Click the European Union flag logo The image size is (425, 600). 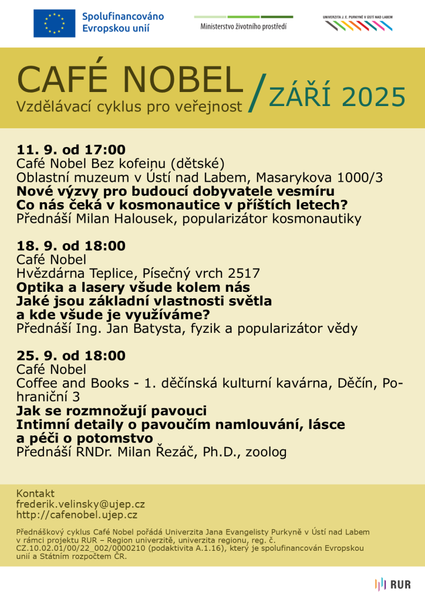coord(54,23)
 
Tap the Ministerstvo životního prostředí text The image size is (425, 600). coord(244,27)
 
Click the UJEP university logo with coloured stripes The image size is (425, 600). coord(358,23)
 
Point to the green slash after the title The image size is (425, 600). coord(256,93)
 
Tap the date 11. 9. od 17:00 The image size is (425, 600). coord(71,149)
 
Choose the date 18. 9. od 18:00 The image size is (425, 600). coord(71,246)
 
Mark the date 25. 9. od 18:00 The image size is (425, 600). coord(71,356)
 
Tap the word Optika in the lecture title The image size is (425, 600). coord(39,287)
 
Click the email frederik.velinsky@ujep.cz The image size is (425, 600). coord(80,504)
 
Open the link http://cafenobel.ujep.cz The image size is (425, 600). coord(77,515)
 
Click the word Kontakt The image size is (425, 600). coord(35,493)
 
